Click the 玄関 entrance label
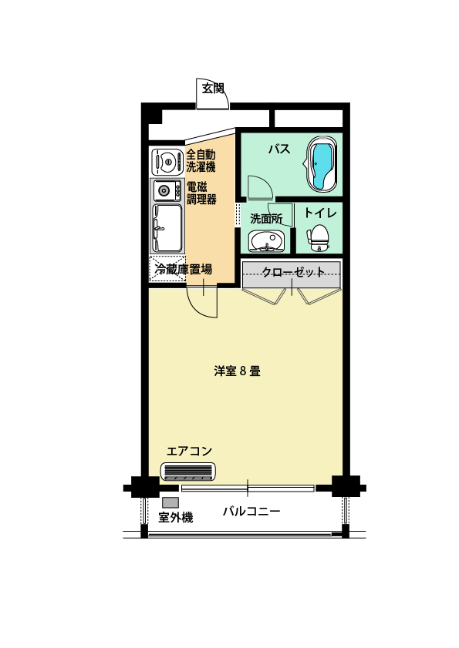coord(213,88)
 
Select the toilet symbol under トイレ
coord(319,237)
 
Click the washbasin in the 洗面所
coord(267,241)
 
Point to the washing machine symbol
coord(167,162)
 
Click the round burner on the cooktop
coord(164,191)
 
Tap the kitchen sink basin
coord(167,228)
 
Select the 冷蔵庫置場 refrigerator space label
coord(184,270)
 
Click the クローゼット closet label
coord(293,272)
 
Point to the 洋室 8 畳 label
coord(237,371)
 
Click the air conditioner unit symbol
coord(188,472)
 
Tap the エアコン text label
coord(189,451)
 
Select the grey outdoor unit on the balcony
coord(170,502)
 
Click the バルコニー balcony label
coord(251,512)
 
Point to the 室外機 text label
coord(175,517)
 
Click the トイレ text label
coord(321,213)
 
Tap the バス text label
coord(279,149)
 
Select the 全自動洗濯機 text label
coord(201,161)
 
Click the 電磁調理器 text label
coord(201,193)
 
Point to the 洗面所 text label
coord(266,219)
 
